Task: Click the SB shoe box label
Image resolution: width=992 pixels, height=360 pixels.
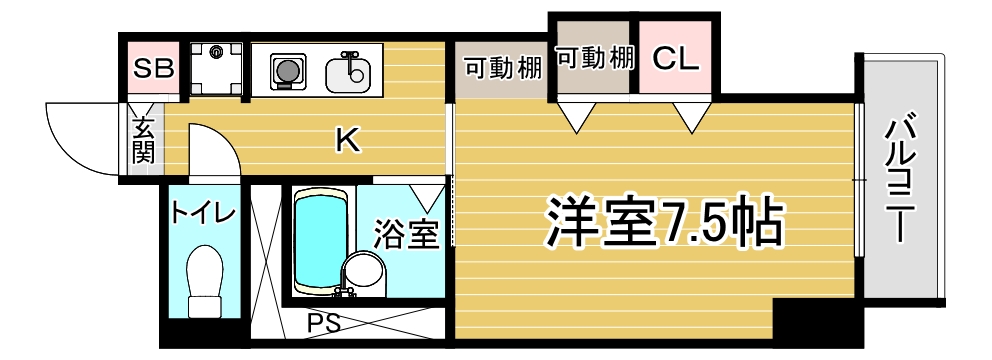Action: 154,69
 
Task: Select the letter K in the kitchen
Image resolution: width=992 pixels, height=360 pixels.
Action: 346,142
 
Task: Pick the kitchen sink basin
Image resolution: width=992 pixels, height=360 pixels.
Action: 349,72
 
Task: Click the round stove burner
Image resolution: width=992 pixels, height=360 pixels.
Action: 287,71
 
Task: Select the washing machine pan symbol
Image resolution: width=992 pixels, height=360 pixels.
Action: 214,68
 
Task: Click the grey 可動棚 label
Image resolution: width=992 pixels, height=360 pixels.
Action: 503,68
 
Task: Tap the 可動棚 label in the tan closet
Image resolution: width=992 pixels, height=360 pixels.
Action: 596,57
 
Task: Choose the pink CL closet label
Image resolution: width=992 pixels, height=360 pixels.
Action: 675,59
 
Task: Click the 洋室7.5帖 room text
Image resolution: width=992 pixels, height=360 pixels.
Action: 662,221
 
